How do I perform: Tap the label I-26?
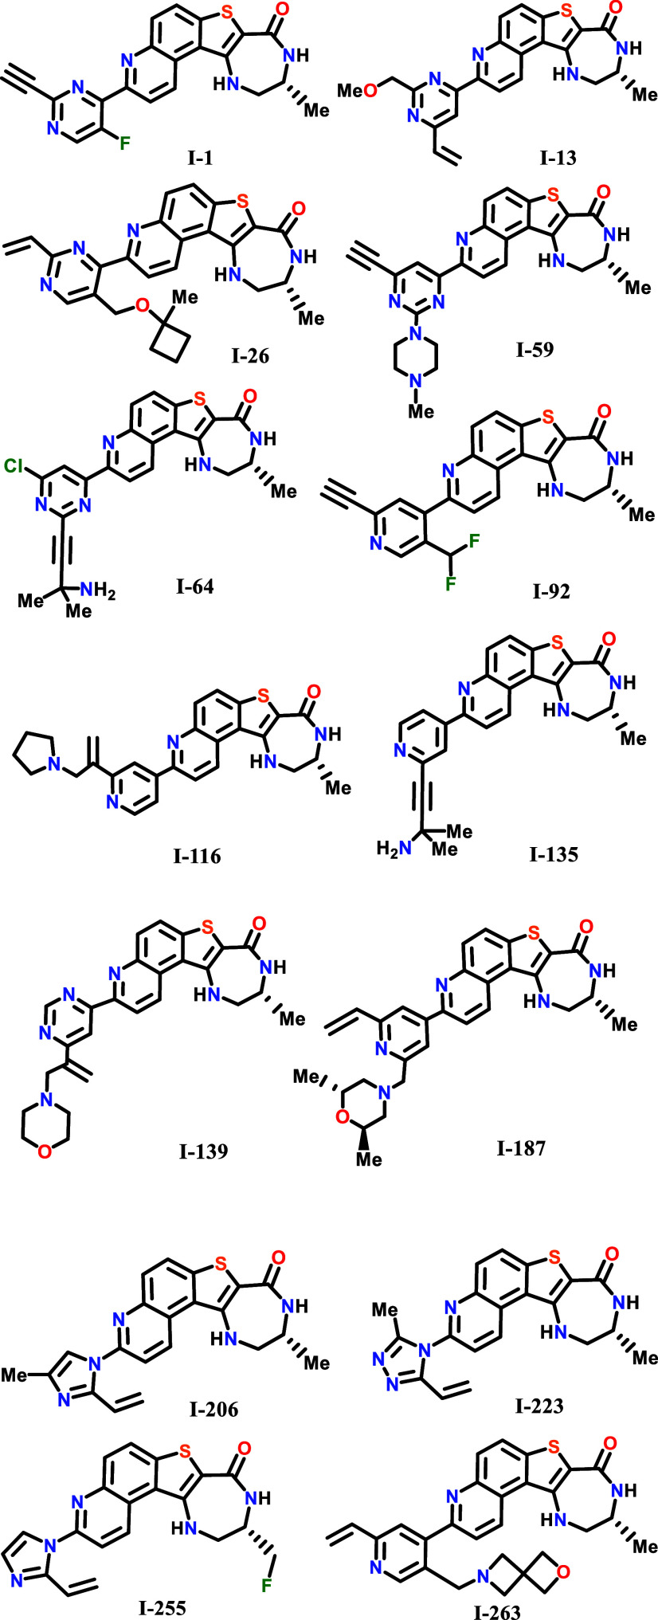[251, 356]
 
